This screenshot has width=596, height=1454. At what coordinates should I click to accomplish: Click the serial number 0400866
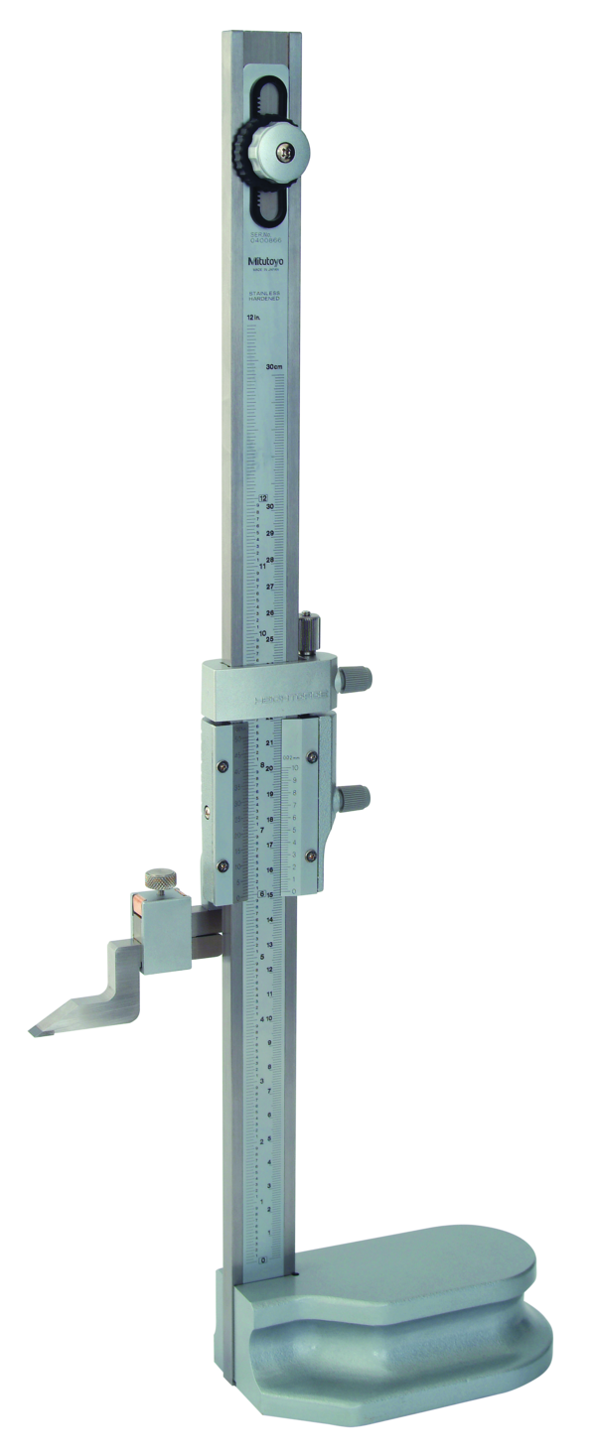[x=265, y=239]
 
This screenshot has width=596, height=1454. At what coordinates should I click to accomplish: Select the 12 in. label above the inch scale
[x=253, y=318]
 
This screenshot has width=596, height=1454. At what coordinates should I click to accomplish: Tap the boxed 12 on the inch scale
[x=263, y=498]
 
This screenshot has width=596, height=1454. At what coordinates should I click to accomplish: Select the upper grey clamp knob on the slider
[x=356, y=678]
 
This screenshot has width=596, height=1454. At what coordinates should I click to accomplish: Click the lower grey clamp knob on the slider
[x=356, y=796]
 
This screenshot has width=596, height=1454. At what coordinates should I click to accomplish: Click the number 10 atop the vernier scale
[x=294, y=768]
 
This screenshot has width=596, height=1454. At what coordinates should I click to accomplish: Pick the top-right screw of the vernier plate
[x=312, y=758]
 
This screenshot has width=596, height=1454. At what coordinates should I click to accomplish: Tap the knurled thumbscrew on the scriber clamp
[x=157, y=879]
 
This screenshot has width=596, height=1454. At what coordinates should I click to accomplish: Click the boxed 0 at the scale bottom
[x=263, y=1258]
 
